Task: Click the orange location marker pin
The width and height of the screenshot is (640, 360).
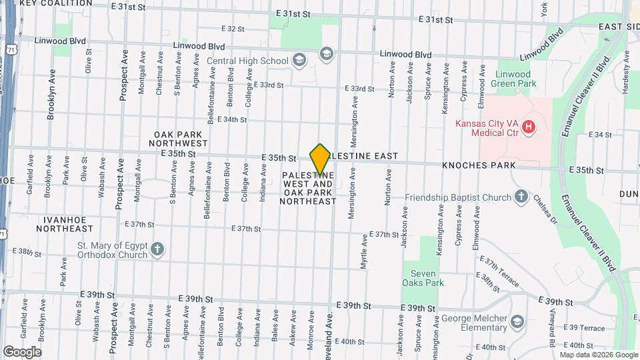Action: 321,159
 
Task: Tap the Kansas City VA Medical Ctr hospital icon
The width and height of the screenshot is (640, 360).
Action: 529,127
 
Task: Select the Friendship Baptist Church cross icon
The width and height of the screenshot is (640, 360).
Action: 521,197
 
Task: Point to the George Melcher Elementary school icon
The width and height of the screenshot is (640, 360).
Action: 516,323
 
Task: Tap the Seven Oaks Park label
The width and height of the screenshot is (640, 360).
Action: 423,278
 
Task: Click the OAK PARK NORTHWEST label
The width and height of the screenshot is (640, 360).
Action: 178,139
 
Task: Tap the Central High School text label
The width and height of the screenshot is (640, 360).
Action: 247,61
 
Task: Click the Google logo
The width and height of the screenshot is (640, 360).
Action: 22,351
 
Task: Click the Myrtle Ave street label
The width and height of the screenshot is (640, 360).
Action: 364,251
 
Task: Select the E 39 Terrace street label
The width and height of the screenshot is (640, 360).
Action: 583,327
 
